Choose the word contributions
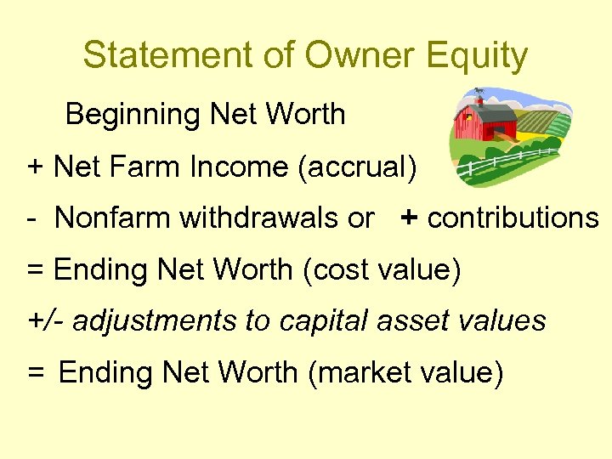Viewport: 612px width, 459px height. tap(513, 218)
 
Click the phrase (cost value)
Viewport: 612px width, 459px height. tap(382, 270)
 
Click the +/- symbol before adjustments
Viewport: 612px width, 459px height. tap(48, 321)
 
